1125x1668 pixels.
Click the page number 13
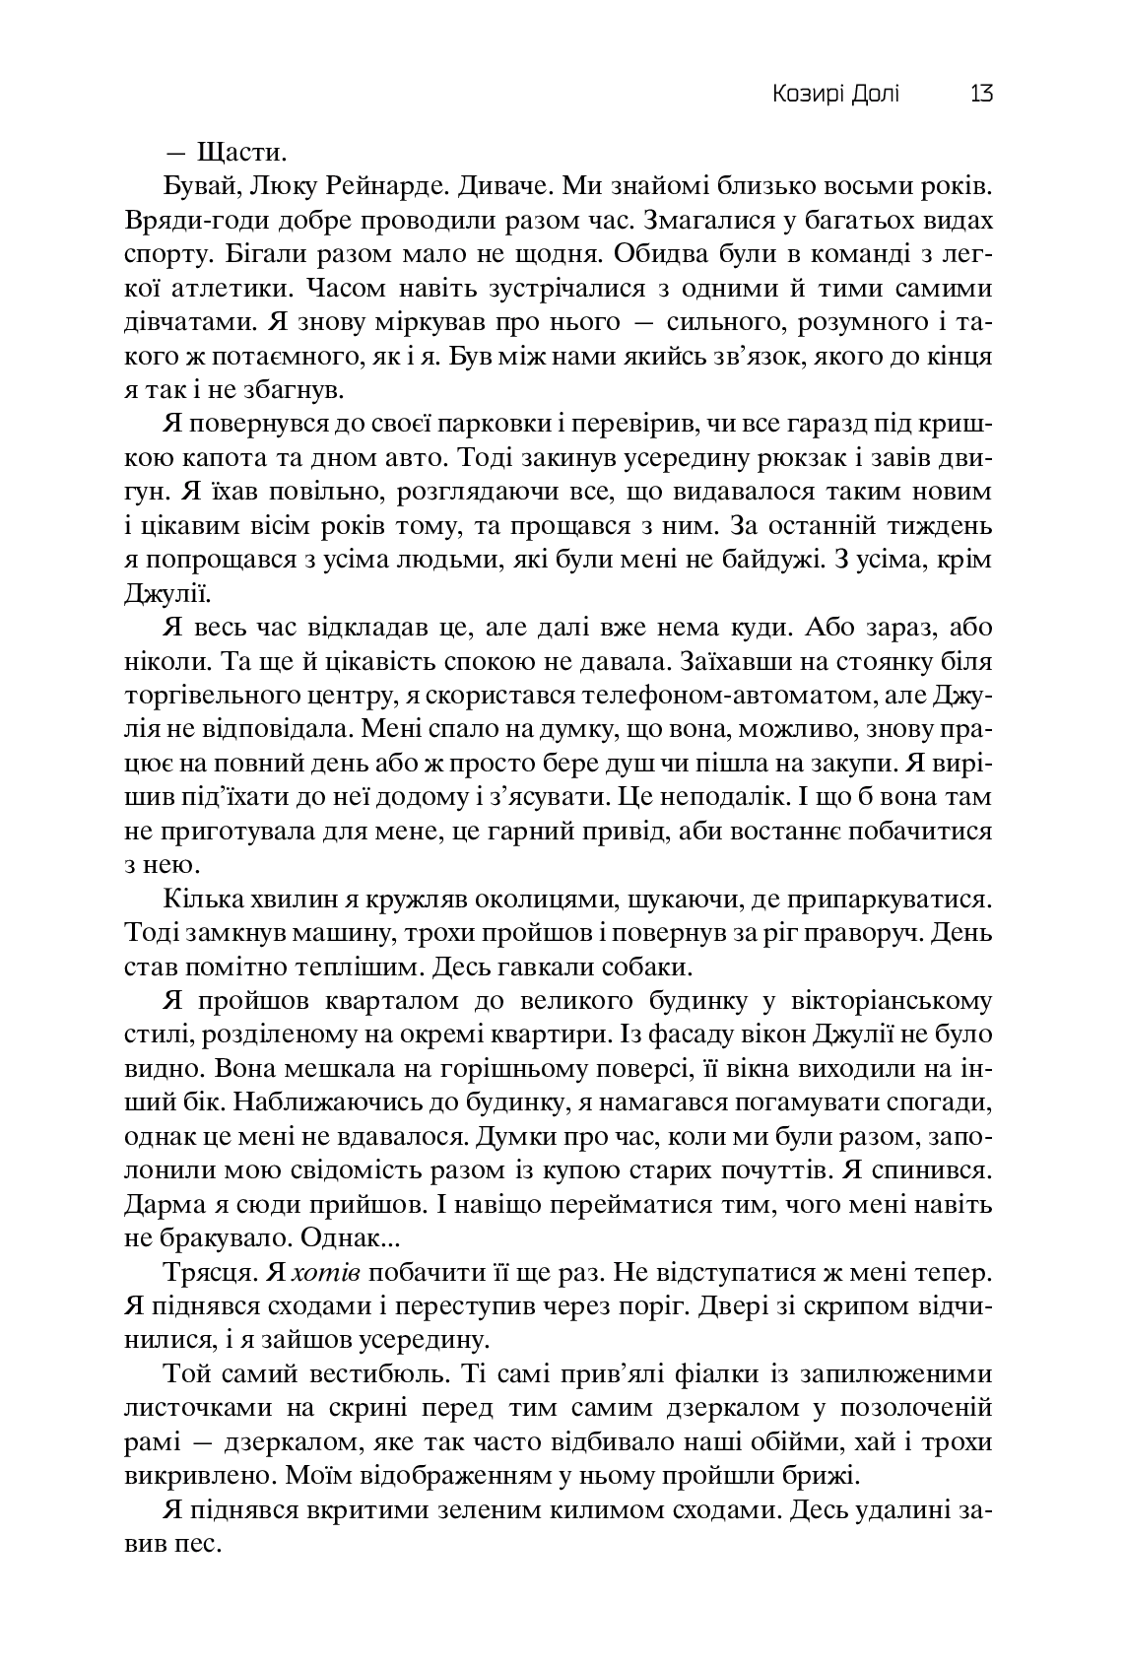(980, 95)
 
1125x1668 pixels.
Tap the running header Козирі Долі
(835, 95)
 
